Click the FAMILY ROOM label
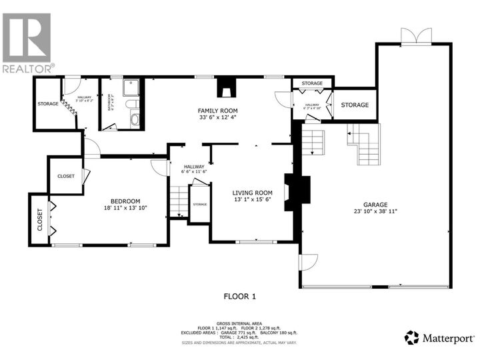click(217, 111)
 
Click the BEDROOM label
click(125, 201)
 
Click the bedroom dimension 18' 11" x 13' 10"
click(125, 209)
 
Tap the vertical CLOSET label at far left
click(39, 218)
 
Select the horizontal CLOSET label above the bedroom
click(66, 176)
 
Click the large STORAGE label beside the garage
click(355, 105)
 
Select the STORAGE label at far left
click(47, 103)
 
